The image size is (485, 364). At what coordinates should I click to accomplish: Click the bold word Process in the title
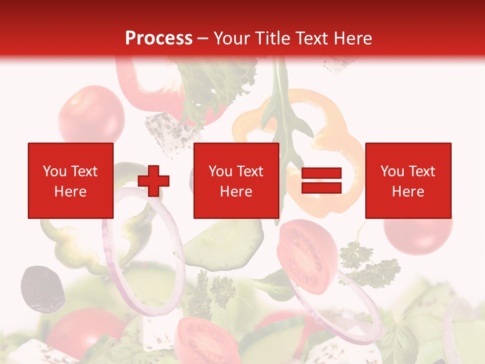(159, 38)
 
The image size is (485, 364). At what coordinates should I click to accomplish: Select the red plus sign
(154, 180)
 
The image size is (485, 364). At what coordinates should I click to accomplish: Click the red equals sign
(321, 180)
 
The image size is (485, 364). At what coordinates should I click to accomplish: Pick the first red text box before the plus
(70, 180)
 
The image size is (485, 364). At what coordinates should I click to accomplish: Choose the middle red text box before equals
(236, 180)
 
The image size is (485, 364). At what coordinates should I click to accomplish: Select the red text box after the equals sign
(408, 180)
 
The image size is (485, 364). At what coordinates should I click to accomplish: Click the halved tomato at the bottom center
(207, 341)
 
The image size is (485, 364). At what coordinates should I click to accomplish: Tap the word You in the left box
(55, 171)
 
